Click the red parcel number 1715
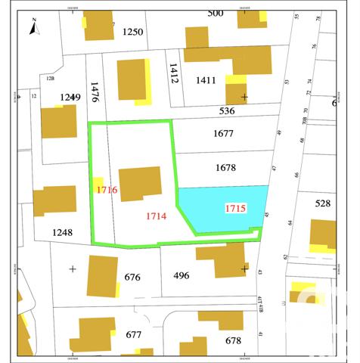tap(235, 207)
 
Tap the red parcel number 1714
tap(156, 216)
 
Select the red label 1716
tap(107, 190)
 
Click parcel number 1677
tap(224, 134)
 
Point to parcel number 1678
tap(225, 167)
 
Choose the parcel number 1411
tap(206, 80)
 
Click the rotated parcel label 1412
tap(173, 74)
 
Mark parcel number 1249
tap(70, 97)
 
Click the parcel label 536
tap(227, 111)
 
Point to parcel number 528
tap(323, 203)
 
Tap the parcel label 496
tap(182, 275)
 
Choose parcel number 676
tap(132, 277)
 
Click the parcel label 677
tap(134, 335)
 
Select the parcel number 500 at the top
tap(216, 13)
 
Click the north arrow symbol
tap(34, 29)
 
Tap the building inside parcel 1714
tap(141, 183)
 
